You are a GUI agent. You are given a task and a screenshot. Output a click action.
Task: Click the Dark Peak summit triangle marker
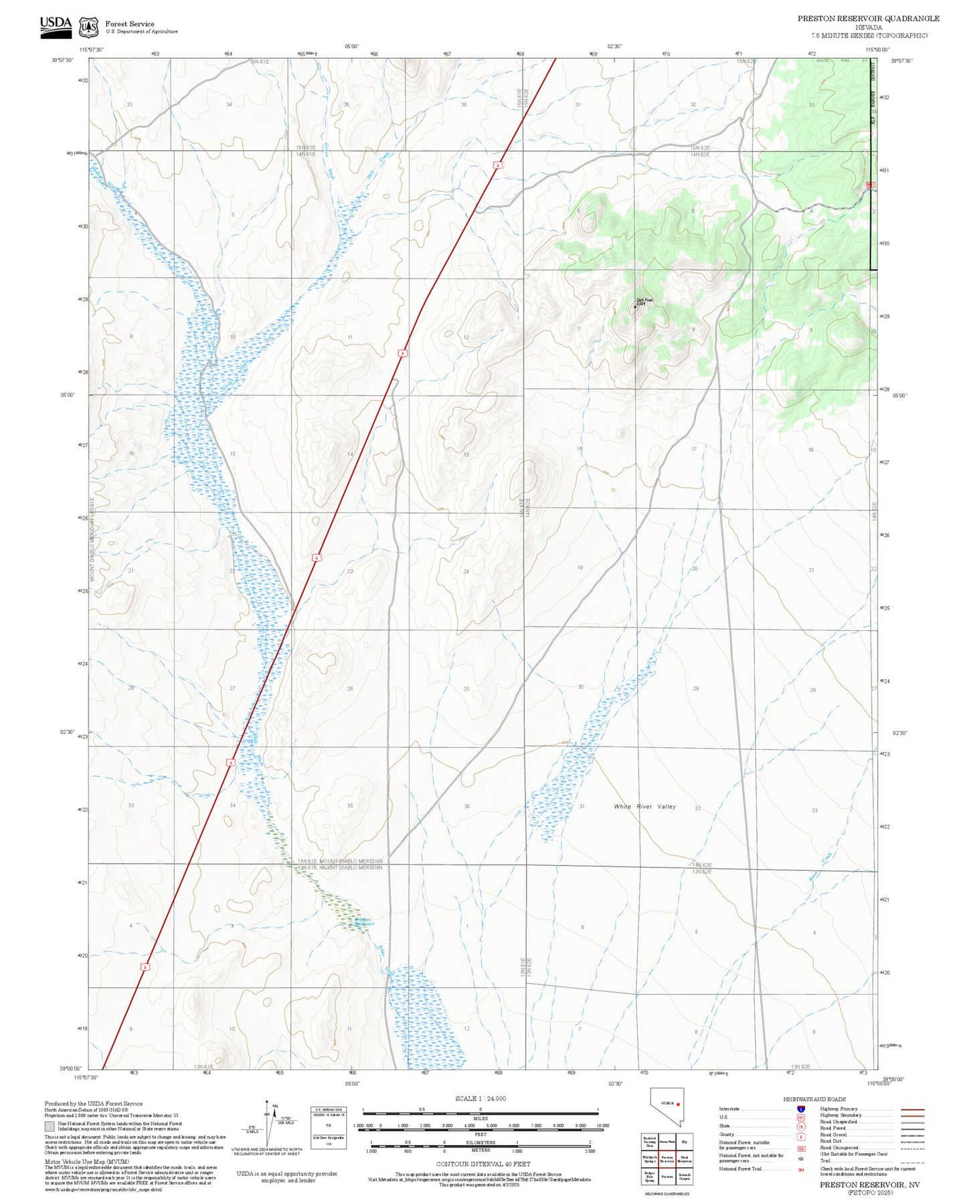coord(635,307)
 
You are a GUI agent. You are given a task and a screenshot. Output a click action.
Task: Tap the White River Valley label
coord(644,807)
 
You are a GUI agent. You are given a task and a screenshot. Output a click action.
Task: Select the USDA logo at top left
coord(56,25)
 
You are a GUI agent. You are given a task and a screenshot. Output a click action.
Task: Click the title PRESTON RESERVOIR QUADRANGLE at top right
coord(868,19)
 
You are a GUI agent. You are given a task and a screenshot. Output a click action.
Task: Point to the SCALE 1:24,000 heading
coord(480,1098)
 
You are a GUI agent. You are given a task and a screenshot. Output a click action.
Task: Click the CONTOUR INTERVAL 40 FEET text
coord(482,1164)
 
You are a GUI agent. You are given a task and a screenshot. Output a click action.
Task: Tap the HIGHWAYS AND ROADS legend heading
coord(814,1099)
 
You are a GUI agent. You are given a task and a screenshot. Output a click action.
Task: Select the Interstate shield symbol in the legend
coord(800,1109)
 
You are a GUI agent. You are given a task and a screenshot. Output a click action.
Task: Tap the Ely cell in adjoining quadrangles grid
coord(684,1141)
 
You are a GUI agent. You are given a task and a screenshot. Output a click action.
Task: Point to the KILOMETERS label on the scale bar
coord(480,1142)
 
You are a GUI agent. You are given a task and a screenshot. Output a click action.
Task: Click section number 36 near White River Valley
coord(466,807)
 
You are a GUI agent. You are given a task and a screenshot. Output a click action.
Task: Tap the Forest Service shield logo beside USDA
coord(88,27)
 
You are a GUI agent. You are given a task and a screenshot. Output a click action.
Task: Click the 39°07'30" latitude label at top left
coord(62,60)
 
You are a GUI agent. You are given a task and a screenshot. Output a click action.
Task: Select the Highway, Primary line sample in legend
coord(912,1109)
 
